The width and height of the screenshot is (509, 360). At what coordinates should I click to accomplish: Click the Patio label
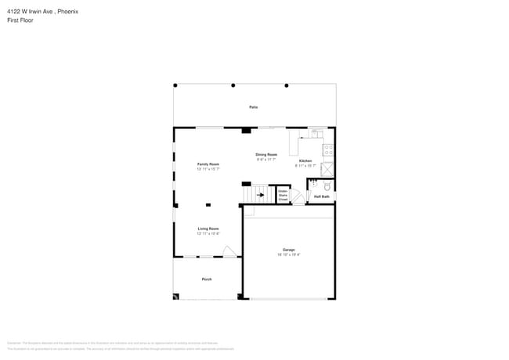[x=253, y=107]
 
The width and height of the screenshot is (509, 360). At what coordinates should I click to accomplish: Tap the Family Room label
[x=208, y=164]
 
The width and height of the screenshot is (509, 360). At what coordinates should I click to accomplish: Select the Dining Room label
[x=266, y=155]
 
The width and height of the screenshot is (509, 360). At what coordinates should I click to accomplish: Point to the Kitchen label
[x=305, y=160]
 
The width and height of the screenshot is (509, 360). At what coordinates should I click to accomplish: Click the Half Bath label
[x=322, y=196]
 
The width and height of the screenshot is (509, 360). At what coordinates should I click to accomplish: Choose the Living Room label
[x=208, y=229]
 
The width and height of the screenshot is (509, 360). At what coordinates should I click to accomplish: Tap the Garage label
[x=289, y=250]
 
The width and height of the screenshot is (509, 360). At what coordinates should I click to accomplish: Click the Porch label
[x=207, y=279]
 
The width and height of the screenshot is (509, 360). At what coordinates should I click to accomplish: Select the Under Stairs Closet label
[x=283, y=194]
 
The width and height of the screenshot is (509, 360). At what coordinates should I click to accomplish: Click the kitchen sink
[x=316, y=132]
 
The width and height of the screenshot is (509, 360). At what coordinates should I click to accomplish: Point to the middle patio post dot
[x=234, y=85]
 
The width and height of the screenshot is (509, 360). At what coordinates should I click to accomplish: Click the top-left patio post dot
[x=175, y=85]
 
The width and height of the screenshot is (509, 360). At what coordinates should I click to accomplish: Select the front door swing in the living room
[x=229, y=251]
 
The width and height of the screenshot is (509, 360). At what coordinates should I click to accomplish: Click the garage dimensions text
[x=289, y=254]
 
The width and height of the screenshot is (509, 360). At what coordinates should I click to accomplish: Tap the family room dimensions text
[x=208, y=168]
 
